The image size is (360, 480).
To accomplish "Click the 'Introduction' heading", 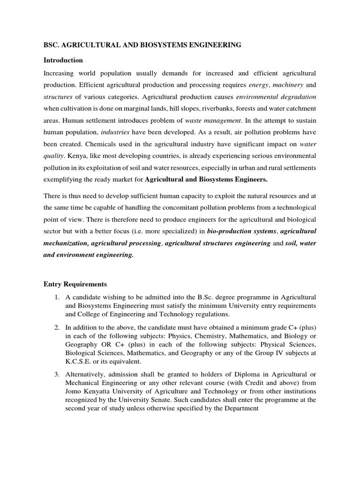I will pos(63,60).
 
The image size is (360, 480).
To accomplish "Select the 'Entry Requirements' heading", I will pos(75,284).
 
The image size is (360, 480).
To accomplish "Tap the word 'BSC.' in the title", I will pos(51,45).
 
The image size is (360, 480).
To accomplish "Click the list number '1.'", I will pos(56,297).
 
